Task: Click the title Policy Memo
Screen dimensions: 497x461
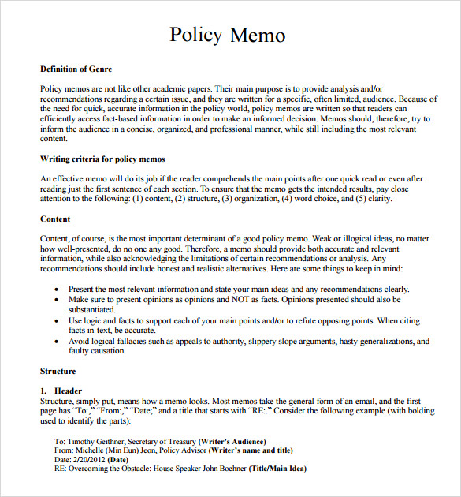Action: (228, 35)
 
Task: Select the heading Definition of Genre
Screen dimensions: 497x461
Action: (76, 69)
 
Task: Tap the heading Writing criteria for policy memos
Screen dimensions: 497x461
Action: (102, 159)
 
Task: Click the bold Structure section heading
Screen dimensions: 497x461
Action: (58, 371)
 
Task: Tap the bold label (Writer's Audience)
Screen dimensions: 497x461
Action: (232, 441)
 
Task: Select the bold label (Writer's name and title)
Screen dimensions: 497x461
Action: (253, 450)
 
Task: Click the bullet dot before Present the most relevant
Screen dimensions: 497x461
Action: (56, 290)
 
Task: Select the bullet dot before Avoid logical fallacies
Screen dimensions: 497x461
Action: (56, 342)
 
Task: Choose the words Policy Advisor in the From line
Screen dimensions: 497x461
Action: (181, 450)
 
